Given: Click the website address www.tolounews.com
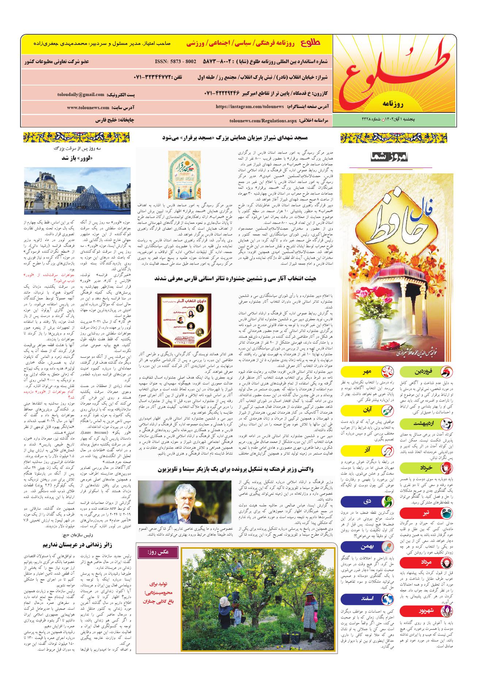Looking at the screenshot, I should coord(88,108).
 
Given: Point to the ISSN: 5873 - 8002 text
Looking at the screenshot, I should coord(176,61).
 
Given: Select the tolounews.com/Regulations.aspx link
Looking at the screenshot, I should coord(260,120).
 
